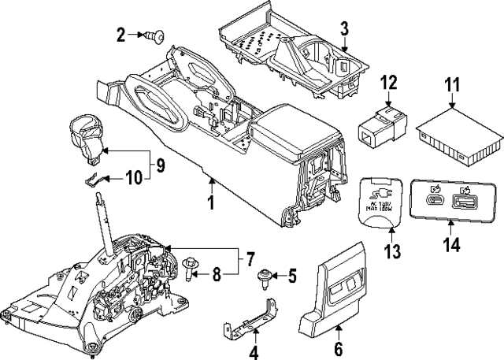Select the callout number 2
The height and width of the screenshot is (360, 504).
pyautogui.click(x=121, y=34)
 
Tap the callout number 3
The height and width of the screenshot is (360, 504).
pyautogui.click(x=344, y=31)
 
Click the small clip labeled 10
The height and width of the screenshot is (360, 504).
pyautogui.click(x=92, y=178)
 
